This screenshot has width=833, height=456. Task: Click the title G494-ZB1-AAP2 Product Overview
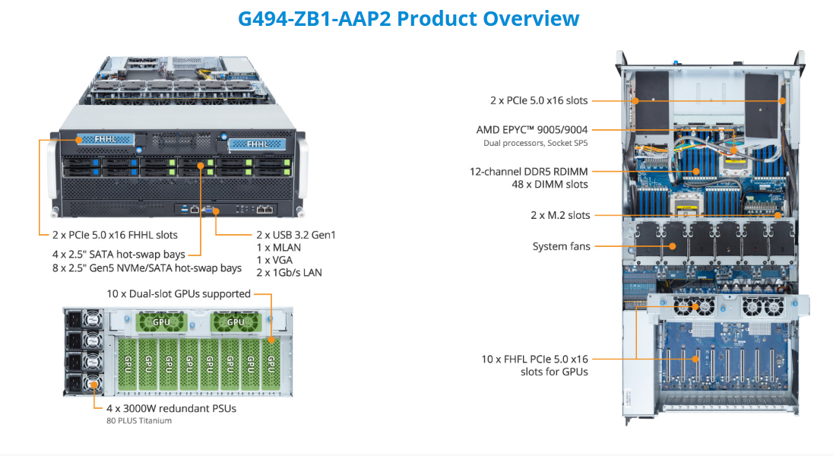[x=408, y=19]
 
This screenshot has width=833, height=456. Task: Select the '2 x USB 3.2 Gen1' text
[x=296, y=235]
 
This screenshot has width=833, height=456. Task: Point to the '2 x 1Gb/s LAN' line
[x=289, y=272]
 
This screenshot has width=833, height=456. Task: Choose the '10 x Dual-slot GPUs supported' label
[x=179, y=294]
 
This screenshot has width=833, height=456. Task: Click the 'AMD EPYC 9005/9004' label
[x=532, y=130]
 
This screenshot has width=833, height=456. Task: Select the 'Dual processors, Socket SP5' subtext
[x=535, y=143]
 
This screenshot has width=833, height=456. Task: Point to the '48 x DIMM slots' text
[x=550, y=184]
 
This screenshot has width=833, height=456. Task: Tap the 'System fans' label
[x=561, y=246]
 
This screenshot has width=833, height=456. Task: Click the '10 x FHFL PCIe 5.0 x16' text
[x=535, y=359]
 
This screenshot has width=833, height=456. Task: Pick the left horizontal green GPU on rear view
[x=161, y=322]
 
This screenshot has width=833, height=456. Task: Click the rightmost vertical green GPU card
[x=271, y=363]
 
